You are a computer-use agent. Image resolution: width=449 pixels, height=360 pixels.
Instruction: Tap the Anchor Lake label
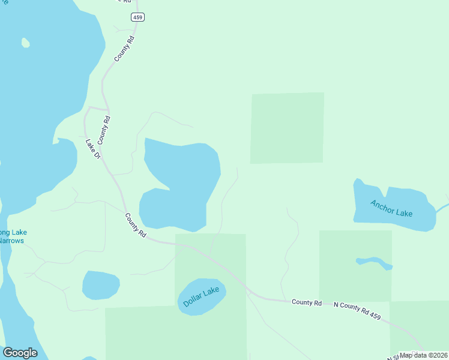(391, 208)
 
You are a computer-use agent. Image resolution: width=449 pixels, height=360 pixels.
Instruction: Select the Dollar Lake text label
(201, 297)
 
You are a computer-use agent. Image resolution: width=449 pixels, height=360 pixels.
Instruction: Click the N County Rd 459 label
(358, 310)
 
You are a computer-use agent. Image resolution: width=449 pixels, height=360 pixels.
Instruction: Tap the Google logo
(20, 353)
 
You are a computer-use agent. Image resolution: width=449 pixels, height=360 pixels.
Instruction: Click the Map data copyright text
(424, 355)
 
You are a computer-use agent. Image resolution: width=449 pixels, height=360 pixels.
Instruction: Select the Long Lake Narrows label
(12, 236)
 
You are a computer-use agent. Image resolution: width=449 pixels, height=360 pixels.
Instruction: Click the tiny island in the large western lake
(25, 43)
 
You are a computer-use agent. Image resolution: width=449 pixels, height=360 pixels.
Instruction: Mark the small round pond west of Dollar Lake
(100, 285)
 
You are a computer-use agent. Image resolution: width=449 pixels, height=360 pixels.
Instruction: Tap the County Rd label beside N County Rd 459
(307, 302)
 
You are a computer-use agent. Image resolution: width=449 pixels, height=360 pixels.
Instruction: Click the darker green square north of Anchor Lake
(287, 128)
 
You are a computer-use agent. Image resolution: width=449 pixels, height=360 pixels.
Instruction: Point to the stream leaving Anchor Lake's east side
(442, 208)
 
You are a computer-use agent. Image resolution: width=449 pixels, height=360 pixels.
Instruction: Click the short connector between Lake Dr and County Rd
(98, 109)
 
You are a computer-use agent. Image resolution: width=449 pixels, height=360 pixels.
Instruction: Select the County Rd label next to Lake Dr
(106, 128)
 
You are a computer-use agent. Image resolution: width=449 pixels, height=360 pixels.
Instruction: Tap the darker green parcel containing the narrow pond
(355, 282)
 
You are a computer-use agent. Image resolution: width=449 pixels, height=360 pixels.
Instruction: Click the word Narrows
(12, 241)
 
